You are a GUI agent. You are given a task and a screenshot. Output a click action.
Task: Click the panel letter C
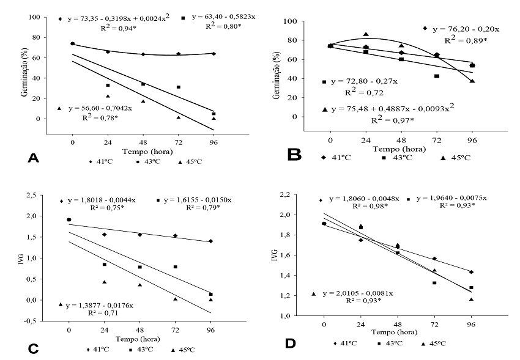(x=33, y=348)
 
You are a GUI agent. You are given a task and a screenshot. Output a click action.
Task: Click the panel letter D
(x=291, y=344)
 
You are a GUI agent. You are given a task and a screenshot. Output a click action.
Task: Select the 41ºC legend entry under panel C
(x=99, y=349)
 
